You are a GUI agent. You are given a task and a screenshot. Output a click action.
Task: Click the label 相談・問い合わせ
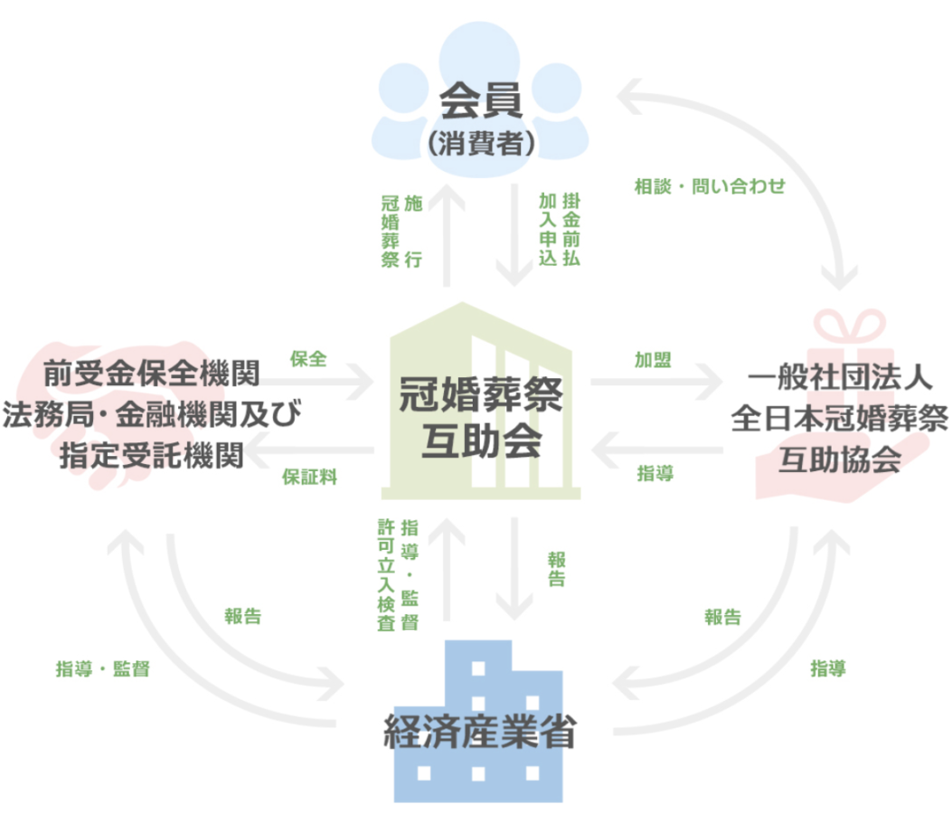[710, 186]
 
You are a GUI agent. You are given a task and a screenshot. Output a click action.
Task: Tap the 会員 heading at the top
[480, 100]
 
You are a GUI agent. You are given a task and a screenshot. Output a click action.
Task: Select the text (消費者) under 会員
[480, 144]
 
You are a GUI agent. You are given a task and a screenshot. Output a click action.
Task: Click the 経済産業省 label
[480, 732]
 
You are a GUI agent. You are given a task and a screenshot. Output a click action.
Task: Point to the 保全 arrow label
[308, 359]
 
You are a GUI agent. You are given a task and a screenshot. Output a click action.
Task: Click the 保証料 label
[309, 477]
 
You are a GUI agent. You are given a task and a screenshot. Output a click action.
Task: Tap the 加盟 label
[653, 360]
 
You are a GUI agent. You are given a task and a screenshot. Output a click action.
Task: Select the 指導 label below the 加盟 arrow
[655, 473]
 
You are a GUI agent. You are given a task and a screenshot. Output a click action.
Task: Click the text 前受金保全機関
[152, 373]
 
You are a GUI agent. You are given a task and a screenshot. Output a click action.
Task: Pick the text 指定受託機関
[152, 456]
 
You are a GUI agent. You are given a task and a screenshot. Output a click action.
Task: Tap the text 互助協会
[840, 459]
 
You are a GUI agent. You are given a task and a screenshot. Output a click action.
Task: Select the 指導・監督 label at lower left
[102, 668]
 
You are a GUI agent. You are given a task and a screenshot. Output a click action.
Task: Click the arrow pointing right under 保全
[315, 383]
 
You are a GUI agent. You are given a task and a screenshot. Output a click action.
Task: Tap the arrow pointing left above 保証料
[309, 450]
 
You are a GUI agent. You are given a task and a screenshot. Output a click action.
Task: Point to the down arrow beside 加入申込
[514, 234]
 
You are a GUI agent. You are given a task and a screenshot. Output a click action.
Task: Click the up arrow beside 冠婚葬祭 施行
[447, 234]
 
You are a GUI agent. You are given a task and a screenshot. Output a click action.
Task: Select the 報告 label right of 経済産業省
[723, 617]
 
